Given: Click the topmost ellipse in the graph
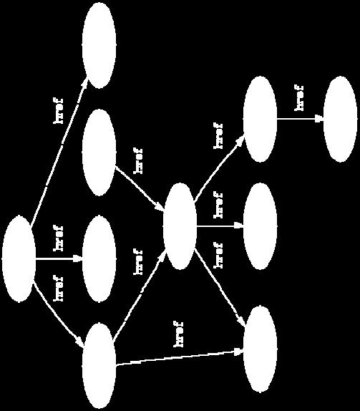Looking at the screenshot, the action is click(x=99, y=45).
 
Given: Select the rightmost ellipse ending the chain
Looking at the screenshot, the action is click(x=340, y=120).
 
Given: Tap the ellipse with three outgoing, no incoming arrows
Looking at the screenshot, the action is click(x=19, y=259).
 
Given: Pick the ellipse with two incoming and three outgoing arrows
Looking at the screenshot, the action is click(x=180, y=226).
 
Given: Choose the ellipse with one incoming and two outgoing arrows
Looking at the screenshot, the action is click(x=99, y=366).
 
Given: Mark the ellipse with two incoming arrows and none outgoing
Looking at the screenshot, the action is click(x=261, y=349).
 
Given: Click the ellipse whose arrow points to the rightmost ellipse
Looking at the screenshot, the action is click(x=261, y=120).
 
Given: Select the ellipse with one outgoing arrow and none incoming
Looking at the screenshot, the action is click(x=99, y=153).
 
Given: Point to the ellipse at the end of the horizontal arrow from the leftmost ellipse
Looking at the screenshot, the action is click(x=99, y=259).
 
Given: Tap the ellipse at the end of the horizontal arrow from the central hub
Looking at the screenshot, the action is click(x=261, y=226).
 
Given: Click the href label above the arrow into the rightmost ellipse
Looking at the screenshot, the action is click(x=298, y=98).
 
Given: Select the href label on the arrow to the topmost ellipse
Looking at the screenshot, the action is click(x=58, y=111).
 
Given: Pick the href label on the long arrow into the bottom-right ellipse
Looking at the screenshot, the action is click(x=178, y=334).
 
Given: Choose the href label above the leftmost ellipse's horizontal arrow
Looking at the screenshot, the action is click(x=58, y=238).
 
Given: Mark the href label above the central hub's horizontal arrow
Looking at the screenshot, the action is click(x=218, y=205).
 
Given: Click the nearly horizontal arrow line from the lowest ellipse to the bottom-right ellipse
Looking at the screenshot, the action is click(x=180, y=358).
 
